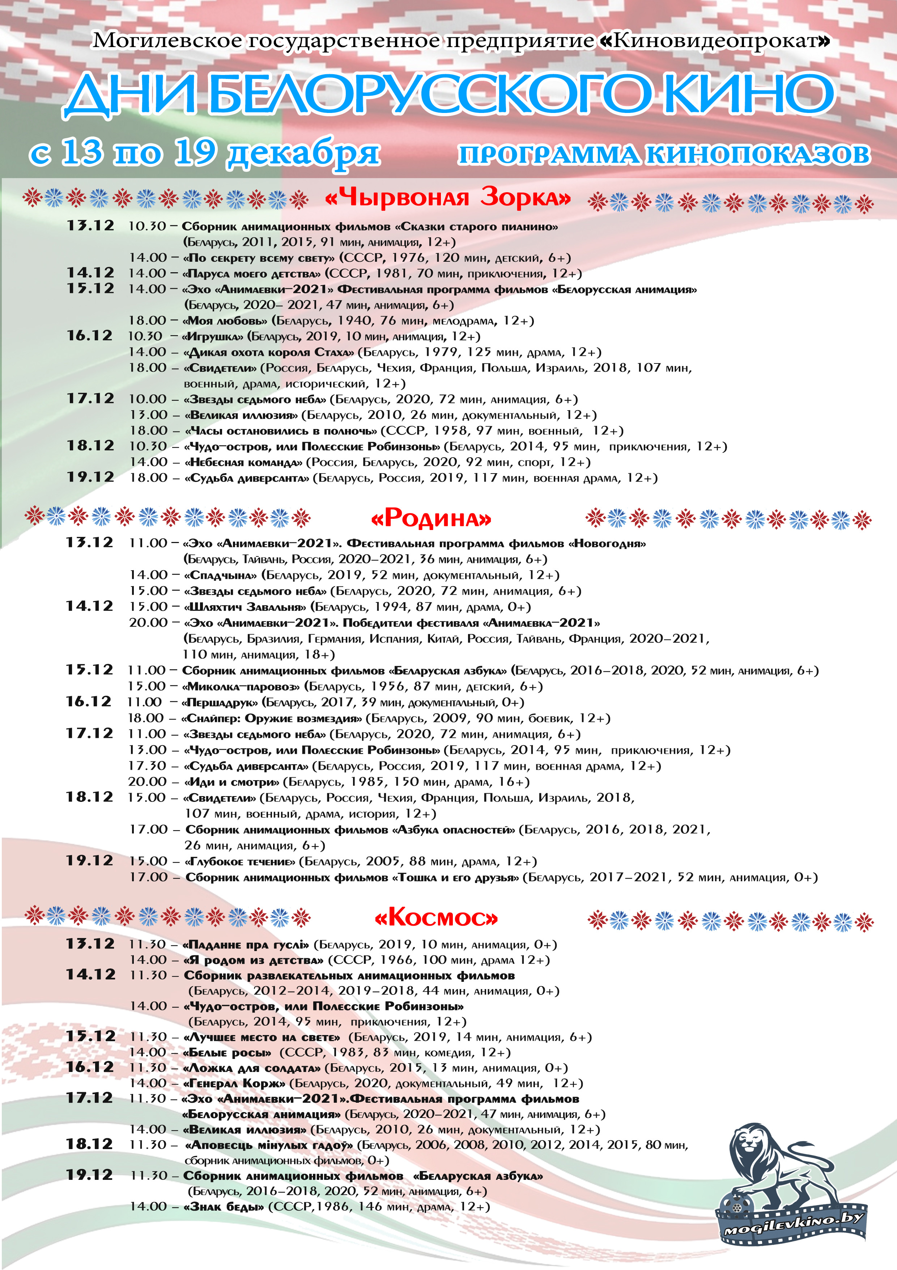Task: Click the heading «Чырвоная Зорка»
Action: pos(448,197)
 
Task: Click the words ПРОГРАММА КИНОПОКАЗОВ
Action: pos(664,155)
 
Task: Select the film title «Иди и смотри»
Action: pos(232,782)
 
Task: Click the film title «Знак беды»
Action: pos(224,1206)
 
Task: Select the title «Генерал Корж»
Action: pos(234,1083)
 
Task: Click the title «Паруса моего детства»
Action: pos(251,273)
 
